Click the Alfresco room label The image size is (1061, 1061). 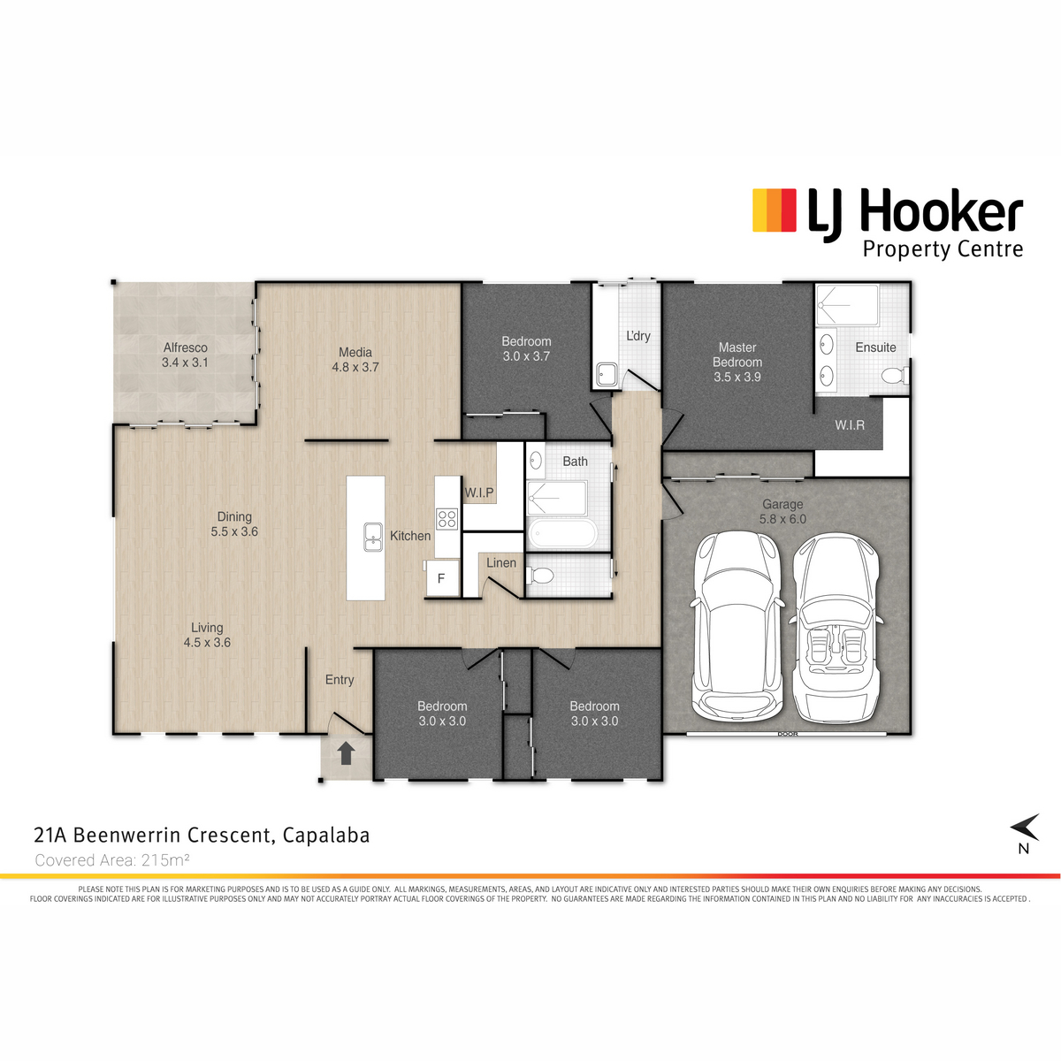[185, 348]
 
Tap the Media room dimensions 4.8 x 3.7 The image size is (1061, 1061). [355, 367]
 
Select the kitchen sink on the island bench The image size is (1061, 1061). [373, 537]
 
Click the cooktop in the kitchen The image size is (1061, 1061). [447, 519]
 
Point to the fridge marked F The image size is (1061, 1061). [442, 577]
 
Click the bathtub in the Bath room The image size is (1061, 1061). [562, 533]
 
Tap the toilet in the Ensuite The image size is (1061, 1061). [895, 376]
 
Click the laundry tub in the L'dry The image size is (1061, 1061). [607, 375]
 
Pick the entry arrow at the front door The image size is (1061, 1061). [345, 753]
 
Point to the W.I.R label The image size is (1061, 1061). [850, 425]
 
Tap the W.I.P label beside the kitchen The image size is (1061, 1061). [479, 492]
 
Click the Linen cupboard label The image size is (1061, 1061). [501, 562]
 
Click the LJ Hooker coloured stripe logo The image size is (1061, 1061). [775, 210]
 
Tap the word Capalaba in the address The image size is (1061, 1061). [326, 836]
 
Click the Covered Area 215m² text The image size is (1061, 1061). [112, 860]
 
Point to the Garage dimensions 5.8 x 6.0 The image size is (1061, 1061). [782, 519]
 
